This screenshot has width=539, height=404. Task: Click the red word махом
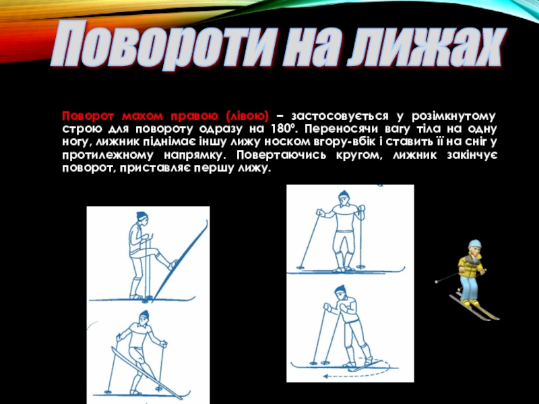[142, 116]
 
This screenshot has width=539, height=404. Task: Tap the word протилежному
[108, 156]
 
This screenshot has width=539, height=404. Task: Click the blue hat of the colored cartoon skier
[474, 244]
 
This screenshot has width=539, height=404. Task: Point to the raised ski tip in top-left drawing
[205, 224]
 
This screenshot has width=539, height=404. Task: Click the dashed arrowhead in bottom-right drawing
[325, 376]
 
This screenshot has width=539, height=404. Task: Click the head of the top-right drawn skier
[343, 199]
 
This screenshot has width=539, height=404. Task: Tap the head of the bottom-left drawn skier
[144, 318]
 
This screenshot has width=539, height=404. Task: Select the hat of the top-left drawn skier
[142, 215]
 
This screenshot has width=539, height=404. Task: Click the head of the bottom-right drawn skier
[340, 292]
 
